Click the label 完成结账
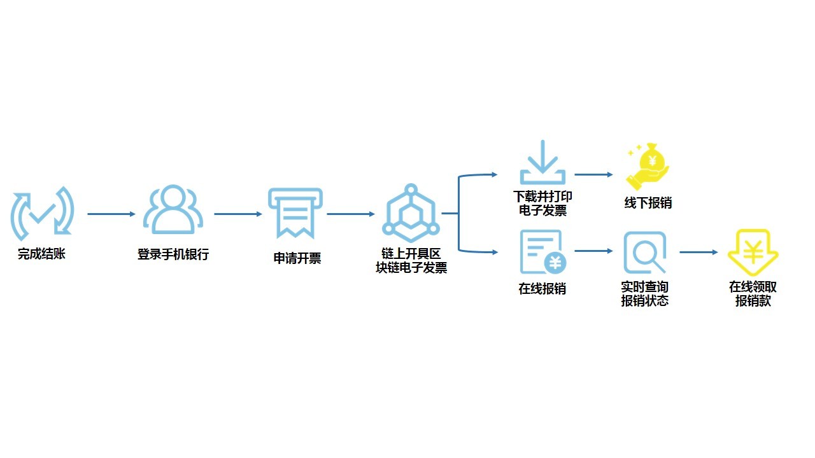click(x=41, y=254)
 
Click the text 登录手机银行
click(x=173, y=254)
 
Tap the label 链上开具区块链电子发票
click(x=411, y=261)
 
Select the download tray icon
click(x=542, y=163)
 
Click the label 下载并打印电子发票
click(x=542, y=204)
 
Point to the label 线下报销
click(x=648, y=204)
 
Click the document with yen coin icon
click(x=542, y=252)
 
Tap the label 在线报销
click(x=542, y=289)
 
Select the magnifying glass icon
click(x=644, y=253)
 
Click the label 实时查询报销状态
click(x=645, y=294)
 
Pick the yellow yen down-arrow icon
click(x=753, y=253)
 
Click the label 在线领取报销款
click(x=753, y=294)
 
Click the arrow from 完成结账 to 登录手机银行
click(x=111, y=214)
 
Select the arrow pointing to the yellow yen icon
click(x=698, y=253)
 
